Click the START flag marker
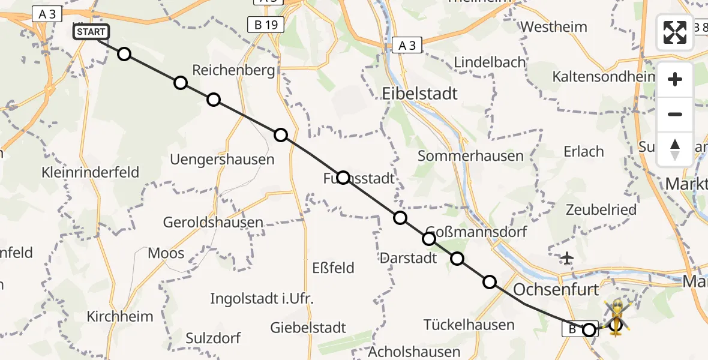[x=91, y=32]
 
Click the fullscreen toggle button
[x=675, y=32]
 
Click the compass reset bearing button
[x=675, y=149]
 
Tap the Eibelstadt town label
[x=419, y=94]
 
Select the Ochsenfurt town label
[x=556, y=290]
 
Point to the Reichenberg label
[x=233, y=70]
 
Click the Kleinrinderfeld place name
[x=90, y=173]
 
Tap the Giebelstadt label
[x=308, y=328]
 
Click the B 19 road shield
[x=265, y=25]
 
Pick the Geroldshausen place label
[x=213, y=223]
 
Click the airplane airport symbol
[x=566, y=258]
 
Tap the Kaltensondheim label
[x=603, y=77]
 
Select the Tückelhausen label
[x=469, y=325]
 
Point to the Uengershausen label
[x=222, y=160]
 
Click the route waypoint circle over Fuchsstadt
[x=343, y=177]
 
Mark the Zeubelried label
[x=600, y=209]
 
